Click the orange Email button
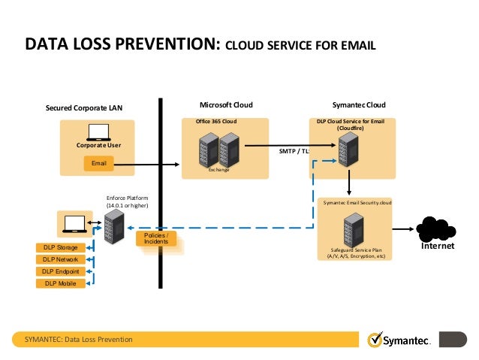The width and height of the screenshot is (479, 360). click(98, 164)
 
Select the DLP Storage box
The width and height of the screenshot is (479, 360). click(60, 247)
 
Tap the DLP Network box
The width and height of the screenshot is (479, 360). click(60, 259)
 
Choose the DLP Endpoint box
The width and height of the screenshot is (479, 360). click(61, 271)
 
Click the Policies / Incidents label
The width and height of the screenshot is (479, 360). click(155, 239)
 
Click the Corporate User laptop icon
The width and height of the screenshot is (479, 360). click(98, 132)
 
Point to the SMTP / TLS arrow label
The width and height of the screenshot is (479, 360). click(293, 151)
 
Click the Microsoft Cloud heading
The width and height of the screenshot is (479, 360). click(226, 104)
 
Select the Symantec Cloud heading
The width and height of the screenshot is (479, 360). click(358, 104)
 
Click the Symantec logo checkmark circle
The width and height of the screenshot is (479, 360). click(374, 340)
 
